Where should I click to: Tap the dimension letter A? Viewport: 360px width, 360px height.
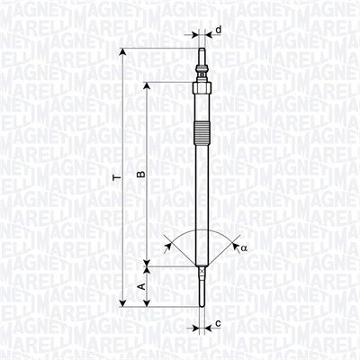coord(139,286)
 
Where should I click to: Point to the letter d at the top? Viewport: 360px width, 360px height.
coord(218,30)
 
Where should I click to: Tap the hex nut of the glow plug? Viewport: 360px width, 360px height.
coord(201,94)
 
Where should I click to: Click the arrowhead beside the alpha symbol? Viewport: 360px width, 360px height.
coord(233,242)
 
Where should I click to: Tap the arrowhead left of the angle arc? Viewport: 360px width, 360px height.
coord(168,241)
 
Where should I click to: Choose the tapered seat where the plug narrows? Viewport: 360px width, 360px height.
coord(202,265)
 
